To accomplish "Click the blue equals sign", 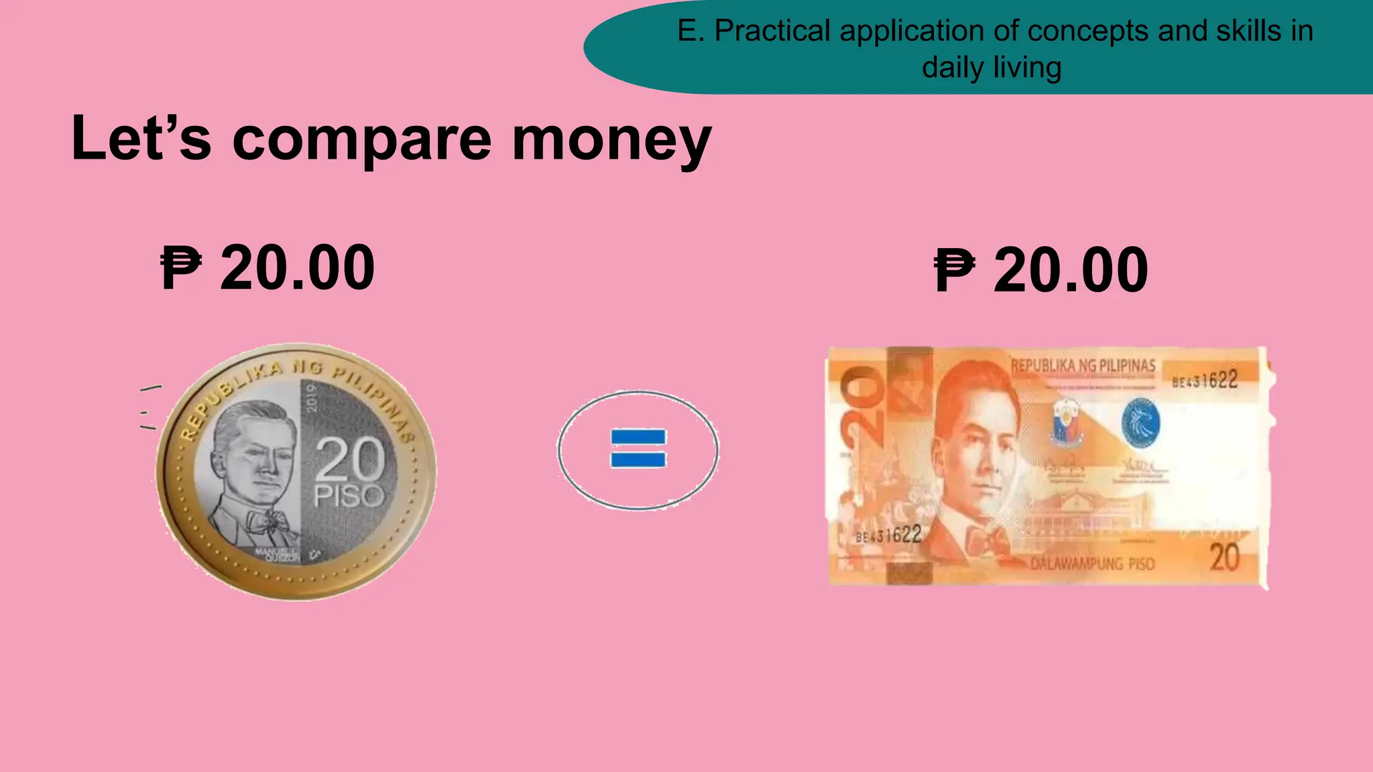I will pos(638,448).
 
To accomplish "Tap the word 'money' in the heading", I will pos(611,139).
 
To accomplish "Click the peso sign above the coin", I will pos(180,267).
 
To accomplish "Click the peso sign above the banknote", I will pos(954,270).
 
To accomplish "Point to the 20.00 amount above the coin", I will pos(297,267).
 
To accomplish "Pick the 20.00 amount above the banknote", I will pos(1071,270).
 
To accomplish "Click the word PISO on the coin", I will pos(349,497).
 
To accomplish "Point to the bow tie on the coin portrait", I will pos(265,519).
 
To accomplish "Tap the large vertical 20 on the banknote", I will pos(861,408).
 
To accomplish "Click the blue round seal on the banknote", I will pos(1140,422).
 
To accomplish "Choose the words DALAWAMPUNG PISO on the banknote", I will pos(1092,563).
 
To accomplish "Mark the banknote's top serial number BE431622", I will pos(1205,381).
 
